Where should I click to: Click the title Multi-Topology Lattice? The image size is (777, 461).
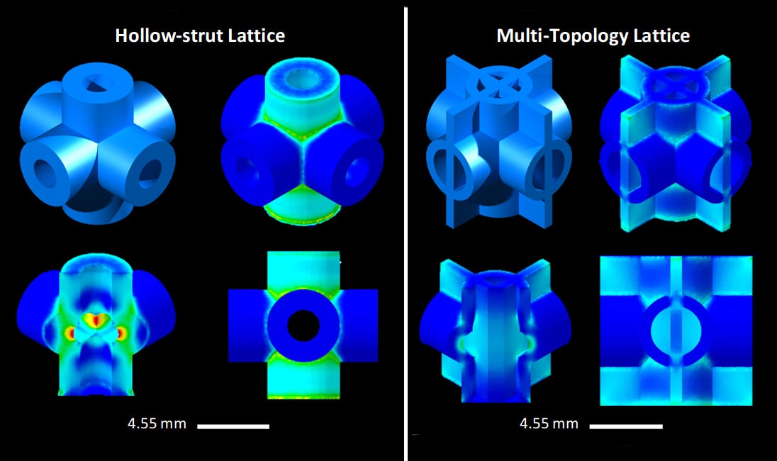click(x=593, y=35)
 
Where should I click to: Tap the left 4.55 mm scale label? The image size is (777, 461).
click(x=157, y=424)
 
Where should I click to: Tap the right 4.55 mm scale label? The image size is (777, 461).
click(x=549, y=424)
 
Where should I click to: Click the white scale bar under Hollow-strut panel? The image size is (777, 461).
click(x=233, y=426)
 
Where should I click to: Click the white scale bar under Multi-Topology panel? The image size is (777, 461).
click(x=626, y=426)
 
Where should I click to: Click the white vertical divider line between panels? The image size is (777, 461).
click(x=407, y=230)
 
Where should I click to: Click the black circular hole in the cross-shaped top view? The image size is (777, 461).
click(x=303, y=326)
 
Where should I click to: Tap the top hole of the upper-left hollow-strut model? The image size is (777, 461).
click(x=97, y=86)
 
